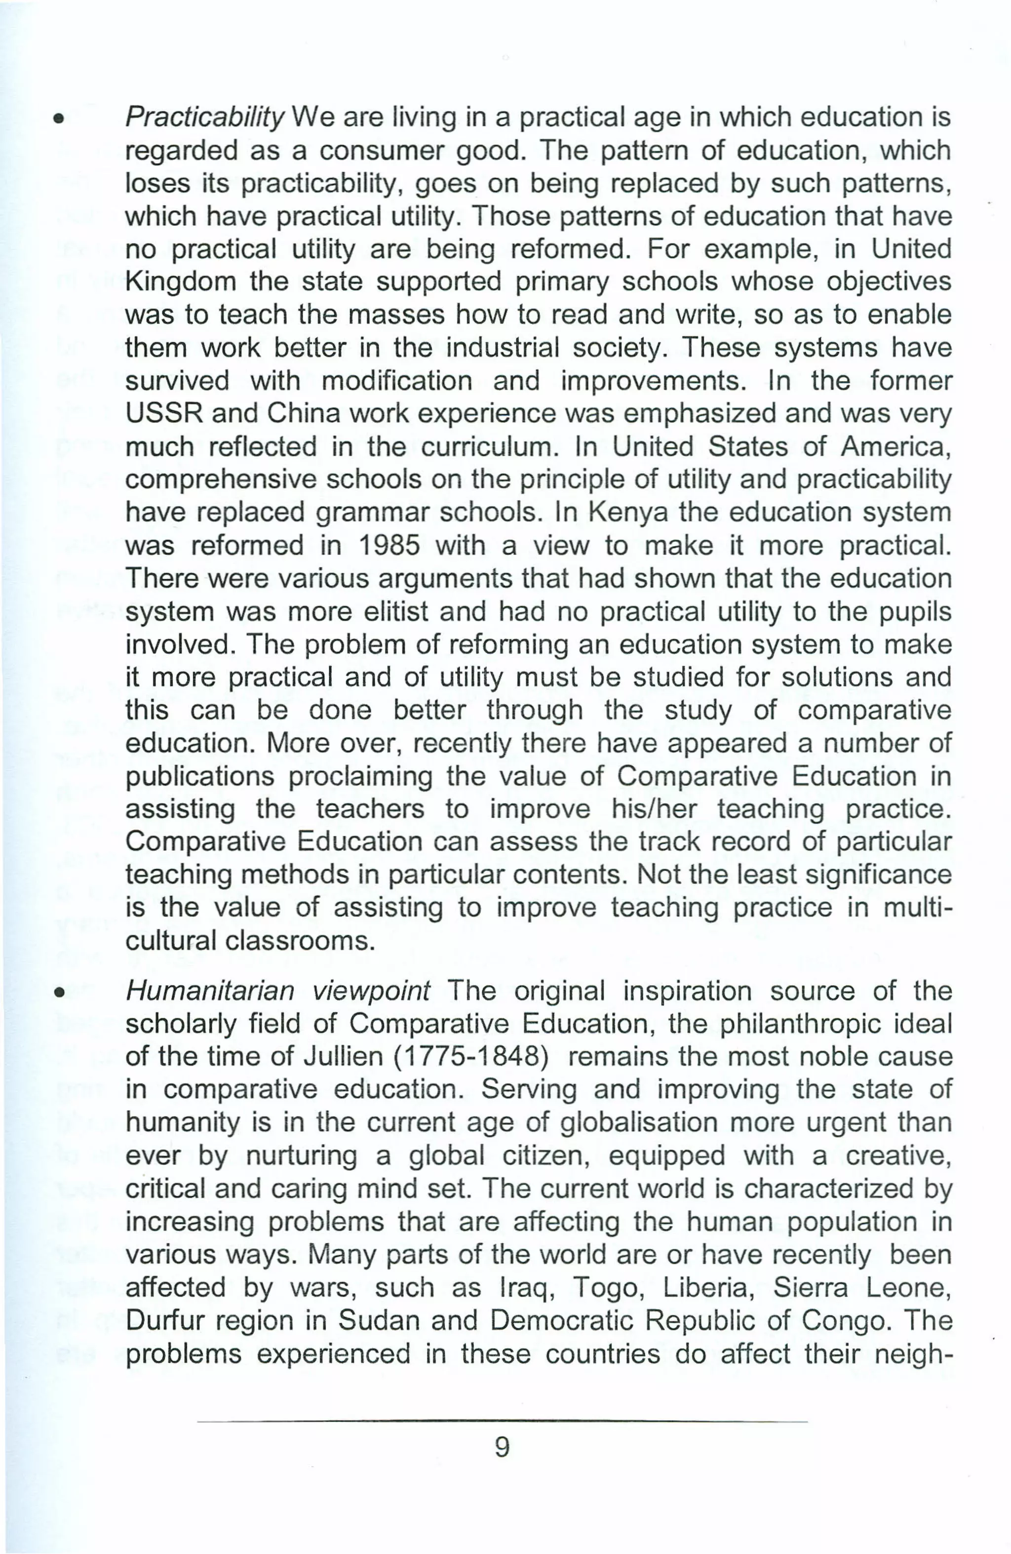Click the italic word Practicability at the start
[x=204, y=118]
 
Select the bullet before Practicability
[x=59, y=120]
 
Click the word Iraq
[x=526, y=1288]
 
